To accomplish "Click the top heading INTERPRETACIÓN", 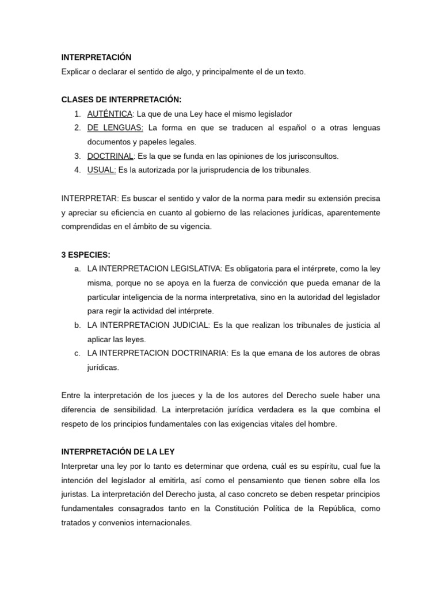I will (96, 57).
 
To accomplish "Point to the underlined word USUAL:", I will (101, 170).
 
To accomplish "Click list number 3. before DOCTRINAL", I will (77, 156).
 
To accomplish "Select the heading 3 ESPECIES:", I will (86, 254).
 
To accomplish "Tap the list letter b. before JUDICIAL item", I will (77, 325).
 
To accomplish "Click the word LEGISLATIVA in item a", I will (194, 269).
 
